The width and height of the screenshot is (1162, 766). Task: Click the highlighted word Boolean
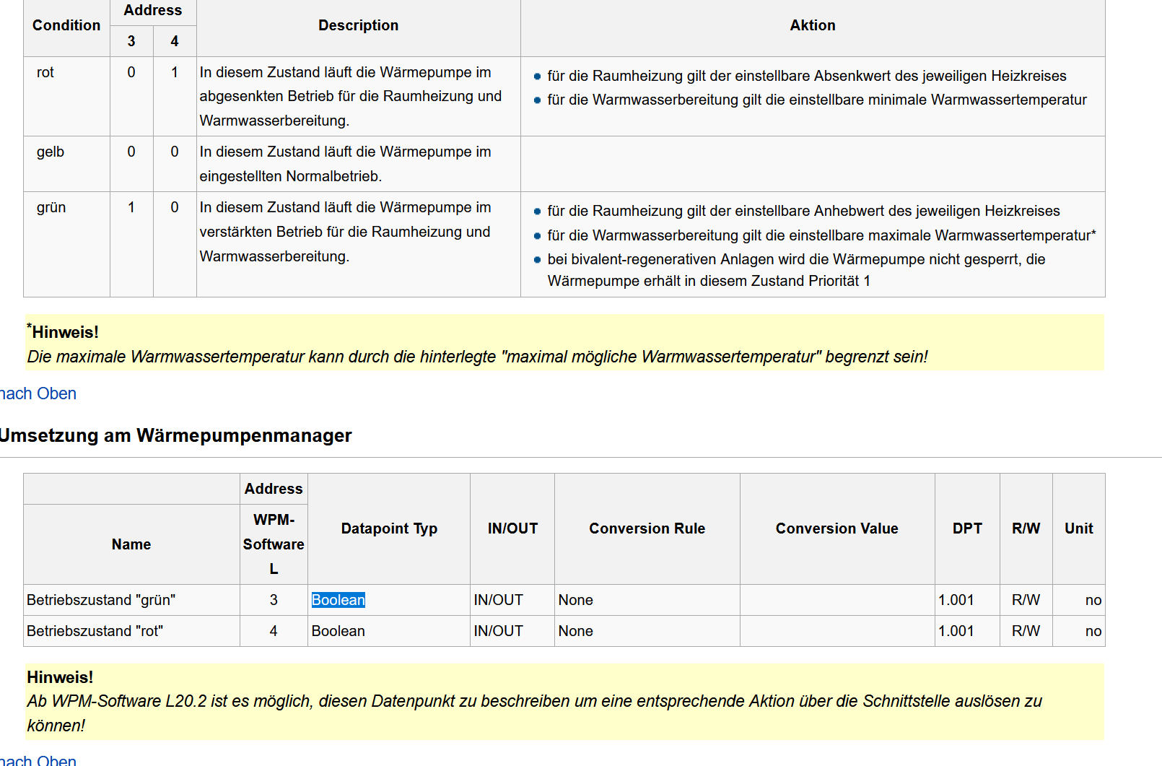(x=338, y=600)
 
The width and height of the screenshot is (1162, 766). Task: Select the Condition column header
(x=66, y=25)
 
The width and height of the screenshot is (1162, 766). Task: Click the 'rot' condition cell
(x=45, y=72)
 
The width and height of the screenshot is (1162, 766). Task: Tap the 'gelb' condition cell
(x=51, y=152)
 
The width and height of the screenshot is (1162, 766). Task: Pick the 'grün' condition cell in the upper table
(x=51, y=207)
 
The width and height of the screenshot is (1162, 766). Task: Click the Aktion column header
(x=812, y=25)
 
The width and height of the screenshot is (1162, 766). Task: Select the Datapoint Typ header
(x=389, y=528)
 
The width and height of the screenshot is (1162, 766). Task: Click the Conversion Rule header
(x=647, y=528)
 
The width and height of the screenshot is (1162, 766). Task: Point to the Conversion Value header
(x=836, y=528)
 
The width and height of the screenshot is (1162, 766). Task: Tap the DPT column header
(x=966, y=528)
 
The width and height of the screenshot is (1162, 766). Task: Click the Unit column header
(x=1078, y=528)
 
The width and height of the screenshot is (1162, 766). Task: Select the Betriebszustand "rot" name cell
(x=95, y=631)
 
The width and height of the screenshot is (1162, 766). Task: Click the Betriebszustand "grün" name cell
(x=101, y=600)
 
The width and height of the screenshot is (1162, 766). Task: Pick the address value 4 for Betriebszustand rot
(x=274, y=631)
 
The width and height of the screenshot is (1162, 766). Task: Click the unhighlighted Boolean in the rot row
(x=338, y=631)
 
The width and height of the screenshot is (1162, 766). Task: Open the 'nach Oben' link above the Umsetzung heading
(x=38, y=393)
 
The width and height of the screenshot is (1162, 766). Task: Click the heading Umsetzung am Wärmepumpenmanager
(x=175, y=435)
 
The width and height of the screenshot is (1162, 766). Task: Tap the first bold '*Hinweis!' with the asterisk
(x=64, y=332)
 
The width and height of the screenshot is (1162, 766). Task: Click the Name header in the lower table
(x=131, y=544)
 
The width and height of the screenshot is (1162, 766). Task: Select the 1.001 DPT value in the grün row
(x=956, y=600)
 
